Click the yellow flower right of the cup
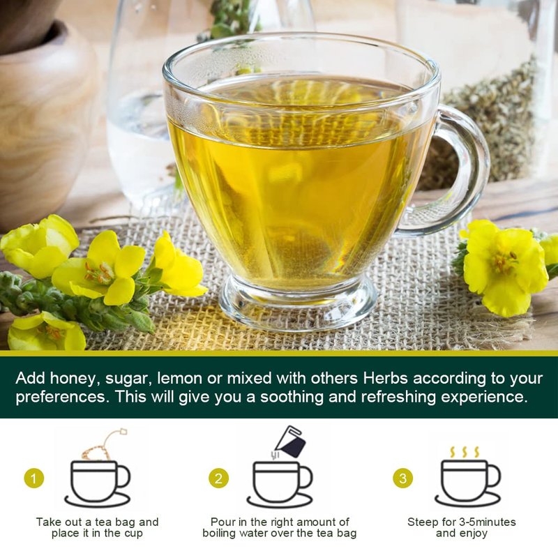point(502,267)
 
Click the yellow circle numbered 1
point(34,478)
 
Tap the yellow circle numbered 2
point(218,478)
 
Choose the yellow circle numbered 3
point(403,478)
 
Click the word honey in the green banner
point(73,379)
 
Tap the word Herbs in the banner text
point(385,378)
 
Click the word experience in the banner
point(484,397)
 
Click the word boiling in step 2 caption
point(220,534)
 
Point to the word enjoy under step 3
point(472,534)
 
